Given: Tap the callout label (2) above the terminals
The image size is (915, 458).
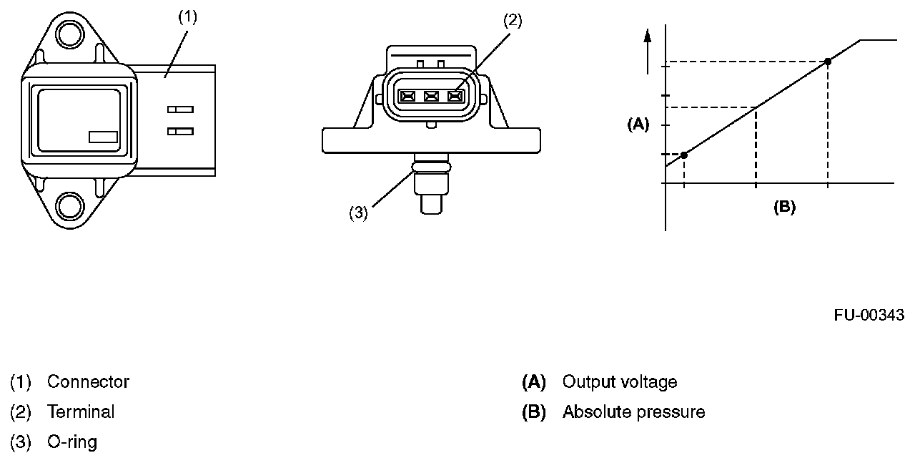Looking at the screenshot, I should (513, 20).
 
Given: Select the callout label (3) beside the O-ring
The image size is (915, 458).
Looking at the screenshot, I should (358, 213).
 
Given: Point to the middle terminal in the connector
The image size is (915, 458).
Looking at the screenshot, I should (431, 96).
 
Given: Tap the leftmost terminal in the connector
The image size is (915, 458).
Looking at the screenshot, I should (407, 96).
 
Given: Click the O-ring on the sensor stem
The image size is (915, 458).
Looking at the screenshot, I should (431, 167).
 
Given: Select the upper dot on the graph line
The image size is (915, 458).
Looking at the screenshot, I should (828, 62).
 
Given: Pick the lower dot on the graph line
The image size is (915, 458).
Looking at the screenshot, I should (684, 155).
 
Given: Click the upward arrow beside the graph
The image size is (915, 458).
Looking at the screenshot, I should (648, 50).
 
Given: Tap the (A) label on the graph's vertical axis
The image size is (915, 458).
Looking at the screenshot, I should (638, 125).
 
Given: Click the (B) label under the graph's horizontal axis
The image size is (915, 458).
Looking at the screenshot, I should (784, 208).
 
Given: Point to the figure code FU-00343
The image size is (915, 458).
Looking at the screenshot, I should (869, 315).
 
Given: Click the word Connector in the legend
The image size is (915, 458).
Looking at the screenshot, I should (88, 382).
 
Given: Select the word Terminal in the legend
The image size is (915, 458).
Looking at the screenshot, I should (81, 412).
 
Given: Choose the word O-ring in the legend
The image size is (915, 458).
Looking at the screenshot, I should (72, 442).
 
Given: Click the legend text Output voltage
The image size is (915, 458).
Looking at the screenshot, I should (619, 382).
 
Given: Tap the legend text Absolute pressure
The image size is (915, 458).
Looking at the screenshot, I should (633, 412).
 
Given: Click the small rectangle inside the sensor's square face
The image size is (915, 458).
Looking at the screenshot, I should (103, 137).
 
